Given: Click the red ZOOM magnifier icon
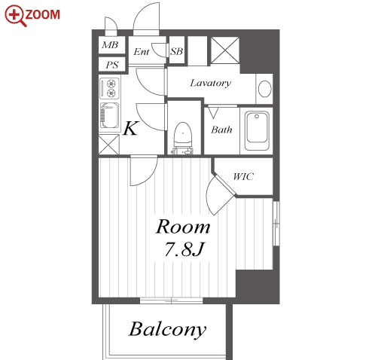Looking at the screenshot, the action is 15,16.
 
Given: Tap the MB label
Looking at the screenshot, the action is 110,45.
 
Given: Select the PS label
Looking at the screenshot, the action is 111,65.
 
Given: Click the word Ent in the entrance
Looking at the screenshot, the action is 142,52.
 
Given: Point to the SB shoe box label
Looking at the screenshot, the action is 176,51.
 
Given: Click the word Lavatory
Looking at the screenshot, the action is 210,83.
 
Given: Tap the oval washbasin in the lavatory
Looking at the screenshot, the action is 265,89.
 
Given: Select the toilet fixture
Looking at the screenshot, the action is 183,138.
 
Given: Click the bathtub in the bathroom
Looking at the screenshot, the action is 257,131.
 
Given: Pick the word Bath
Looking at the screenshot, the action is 221,130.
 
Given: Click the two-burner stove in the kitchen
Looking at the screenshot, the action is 109,88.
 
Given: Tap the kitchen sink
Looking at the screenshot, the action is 109,115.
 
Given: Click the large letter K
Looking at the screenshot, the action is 130,128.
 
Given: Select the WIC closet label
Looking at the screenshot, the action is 243,176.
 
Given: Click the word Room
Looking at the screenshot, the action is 183,227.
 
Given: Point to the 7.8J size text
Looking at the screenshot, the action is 184,249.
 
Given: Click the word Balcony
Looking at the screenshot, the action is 167,330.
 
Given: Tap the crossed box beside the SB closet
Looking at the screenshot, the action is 225,50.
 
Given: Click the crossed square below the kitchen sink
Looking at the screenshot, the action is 108,145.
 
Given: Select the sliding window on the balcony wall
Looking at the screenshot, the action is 171,301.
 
